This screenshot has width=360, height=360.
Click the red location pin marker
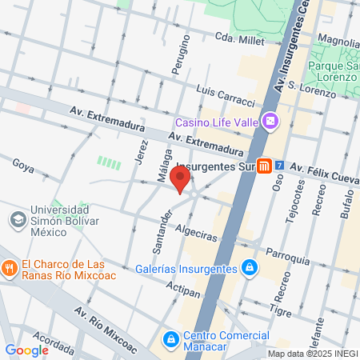(x=181, y=179)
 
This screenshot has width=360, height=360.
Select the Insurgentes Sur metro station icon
(x=264, y=166)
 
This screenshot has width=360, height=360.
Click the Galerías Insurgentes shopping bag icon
(x=250, y=266)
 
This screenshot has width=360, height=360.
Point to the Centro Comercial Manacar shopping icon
(x=170, y=340)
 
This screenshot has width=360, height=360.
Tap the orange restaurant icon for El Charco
(x=10, y=266)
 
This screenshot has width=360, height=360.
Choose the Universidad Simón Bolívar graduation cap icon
(x=17, y=218)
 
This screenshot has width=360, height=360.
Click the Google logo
(x=26, y=350)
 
